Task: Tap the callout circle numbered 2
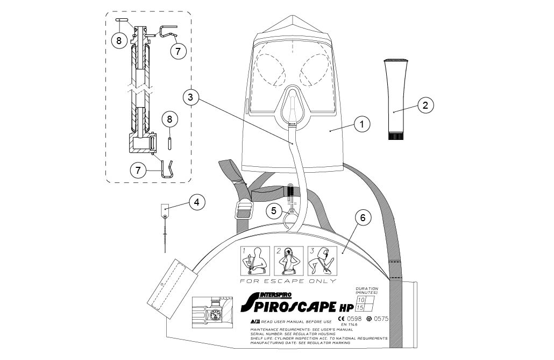coord(425,105)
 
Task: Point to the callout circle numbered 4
coord(197,202)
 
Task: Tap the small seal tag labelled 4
coord(165,208)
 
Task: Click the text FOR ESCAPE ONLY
coord(288,281)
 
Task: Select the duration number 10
coord(361,300)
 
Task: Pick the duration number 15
coord(361,308)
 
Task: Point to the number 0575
coord(380,319)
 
